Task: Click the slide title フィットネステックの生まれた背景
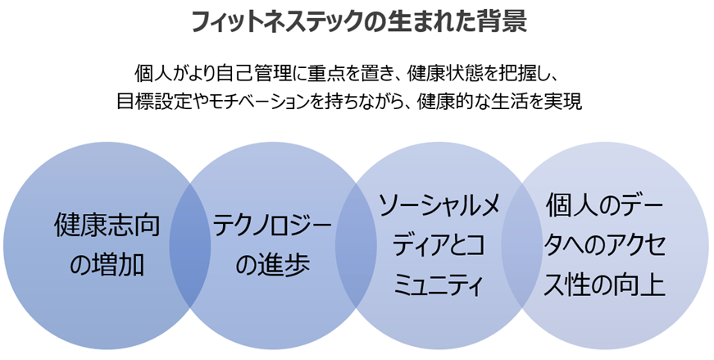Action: point(357,21)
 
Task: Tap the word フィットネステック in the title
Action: point(280,21)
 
